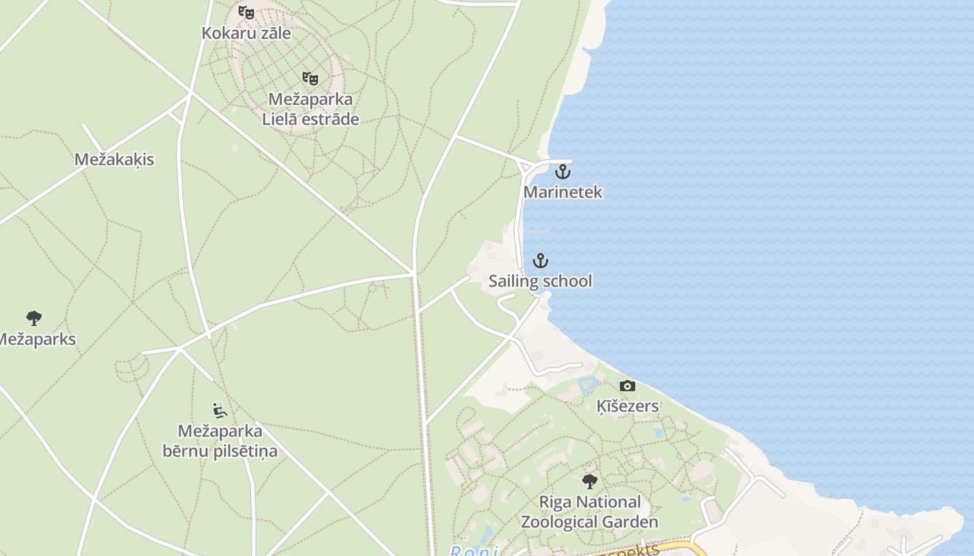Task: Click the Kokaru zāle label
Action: (246, 33)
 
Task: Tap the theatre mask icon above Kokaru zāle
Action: (246, 12)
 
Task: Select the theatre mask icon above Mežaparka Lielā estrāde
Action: (310, 78)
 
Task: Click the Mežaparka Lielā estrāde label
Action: (310, 109)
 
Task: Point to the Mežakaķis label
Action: (114, 159)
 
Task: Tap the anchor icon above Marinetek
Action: (562, 171)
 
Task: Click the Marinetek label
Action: (563, 192)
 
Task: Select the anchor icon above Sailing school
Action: (540, 261)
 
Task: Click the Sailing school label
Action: (540, 281)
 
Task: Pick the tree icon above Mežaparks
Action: (33, 318)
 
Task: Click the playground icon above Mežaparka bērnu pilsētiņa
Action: (220, 411)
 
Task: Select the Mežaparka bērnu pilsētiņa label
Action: (220, 441)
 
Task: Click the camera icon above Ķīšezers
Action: (627, 386)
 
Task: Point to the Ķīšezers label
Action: (628, 406)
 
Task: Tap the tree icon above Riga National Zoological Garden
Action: (590, 481)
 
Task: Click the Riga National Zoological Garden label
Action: (590, 512)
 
